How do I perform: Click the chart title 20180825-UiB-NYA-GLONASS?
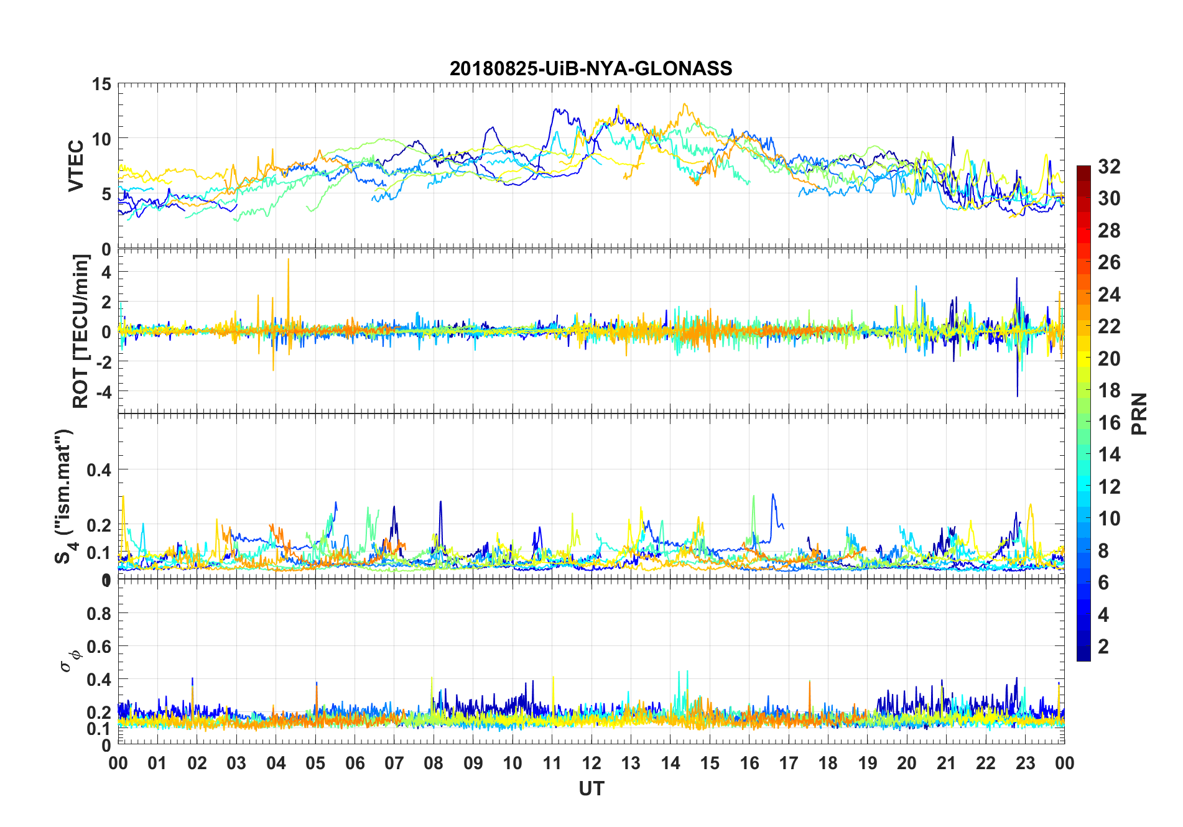[x=591, y=68]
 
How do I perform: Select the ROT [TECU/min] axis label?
[x=81, y=331]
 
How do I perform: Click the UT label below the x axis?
[x=591, y=789]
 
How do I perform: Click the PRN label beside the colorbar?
[x=1139, y=413]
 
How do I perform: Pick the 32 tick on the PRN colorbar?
[x=1109, y=167]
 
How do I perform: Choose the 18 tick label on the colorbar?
[x=1109, y=390]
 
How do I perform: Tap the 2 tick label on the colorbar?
[x=1103, y=647]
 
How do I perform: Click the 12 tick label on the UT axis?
[x=591, y=764]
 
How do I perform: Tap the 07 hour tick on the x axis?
[x=394, y=764]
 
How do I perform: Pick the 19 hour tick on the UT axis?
[x=868, y=764]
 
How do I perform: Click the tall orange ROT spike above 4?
[x=288, y=261]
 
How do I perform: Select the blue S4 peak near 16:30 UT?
[x=773, y=496]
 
